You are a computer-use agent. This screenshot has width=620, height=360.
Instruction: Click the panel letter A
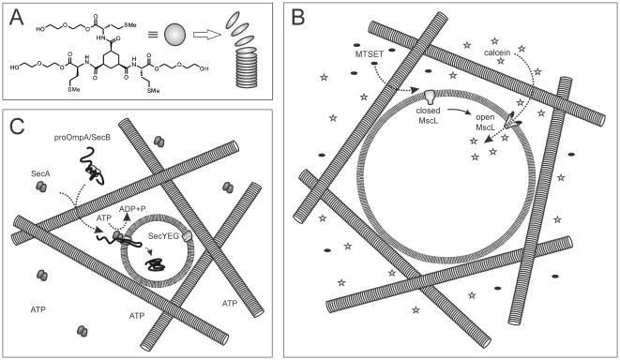coord(18,17)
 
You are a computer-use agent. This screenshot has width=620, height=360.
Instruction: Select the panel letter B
coord(298,17)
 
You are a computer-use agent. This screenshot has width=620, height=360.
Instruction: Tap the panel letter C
coord(18,126)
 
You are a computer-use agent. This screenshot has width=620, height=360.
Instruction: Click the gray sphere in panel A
coord(174,35)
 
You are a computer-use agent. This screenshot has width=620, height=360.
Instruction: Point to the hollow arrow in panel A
coord(206,35)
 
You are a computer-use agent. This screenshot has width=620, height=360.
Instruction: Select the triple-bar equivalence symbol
coord(153,35)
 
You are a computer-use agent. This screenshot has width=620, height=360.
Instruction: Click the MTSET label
coord(370,54)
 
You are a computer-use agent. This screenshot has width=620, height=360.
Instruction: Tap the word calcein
coord(496,52)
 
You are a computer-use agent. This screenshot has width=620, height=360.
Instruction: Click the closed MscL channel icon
coord(430,96)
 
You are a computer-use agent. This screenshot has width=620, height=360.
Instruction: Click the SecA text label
coord(40,172)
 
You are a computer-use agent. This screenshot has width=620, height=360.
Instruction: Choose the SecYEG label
coord(163,236)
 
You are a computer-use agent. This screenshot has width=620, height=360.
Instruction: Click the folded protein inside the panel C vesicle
coord(156,264)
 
